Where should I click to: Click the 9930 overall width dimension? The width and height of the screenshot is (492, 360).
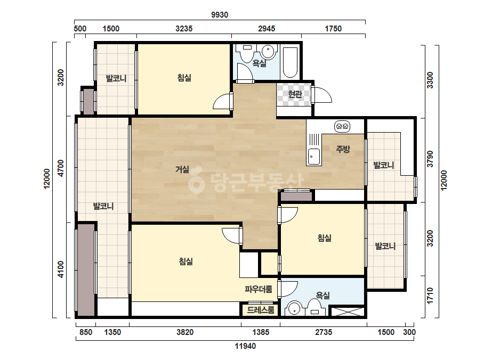[x=219, y=15]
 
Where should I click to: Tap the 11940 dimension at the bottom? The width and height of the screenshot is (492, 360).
[x=245, y=346]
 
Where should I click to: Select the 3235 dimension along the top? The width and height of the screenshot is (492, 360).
[x=184, y=29]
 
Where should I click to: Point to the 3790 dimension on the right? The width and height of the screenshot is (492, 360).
[x=430, y=159]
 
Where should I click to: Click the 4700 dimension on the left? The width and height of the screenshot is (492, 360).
[x=61, y=168]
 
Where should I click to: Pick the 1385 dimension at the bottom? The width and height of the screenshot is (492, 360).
[x=261, y=332]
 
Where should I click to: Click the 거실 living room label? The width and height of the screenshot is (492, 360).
[x=182, y=169]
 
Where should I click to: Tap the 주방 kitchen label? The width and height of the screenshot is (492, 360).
[x=343, y=149]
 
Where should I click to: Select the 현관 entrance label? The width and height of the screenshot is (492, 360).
[x=295, y=94]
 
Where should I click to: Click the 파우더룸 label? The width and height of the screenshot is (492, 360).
[x=259, y=289]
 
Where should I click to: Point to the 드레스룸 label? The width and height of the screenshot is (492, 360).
[x=261, y=310]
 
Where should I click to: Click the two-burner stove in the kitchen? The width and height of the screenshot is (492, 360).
[x=342, y=126]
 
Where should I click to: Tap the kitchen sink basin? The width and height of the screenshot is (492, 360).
[x=314, y=156]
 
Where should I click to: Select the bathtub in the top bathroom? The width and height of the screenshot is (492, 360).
[x=290, y=62]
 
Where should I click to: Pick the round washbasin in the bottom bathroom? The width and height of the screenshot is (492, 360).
[x=294, y=308]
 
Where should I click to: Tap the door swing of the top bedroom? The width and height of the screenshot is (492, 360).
[x=223, y=102]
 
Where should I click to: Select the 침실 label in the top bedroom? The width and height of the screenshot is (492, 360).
[x=184, y=77]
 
